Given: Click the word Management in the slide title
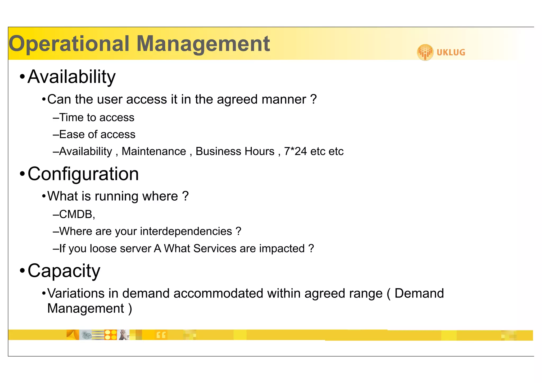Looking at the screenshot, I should [x=203, y=44].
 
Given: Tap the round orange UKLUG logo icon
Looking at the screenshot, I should [x=425, y=52].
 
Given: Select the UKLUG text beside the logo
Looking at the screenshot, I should [x=451, y=52].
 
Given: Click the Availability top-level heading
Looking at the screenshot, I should [x=71, y=77].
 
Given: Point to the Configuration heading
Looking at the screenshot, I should [x=83, y=174].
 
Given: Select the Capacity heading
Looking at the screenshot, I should [x=64, y=271].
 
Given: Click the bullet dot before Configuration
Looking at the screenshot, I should [x=22, y=174].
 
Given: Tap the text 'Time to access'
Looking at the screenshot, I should [x=97, y=118].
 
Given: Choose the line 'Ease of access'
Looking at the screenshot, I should [x=97, y=134].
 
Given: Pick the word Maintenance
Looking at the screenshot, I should [x=154, y=151].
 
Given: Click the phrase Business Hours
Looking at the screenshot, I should [x=235, y=151].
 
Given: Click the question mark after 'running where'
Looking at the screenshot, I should [x=186, y=196].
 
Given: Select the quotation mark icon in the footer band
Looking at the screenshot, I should [x=161, y=335].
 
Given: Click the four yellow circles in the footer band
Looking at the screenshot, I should [x=111, y=335].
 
